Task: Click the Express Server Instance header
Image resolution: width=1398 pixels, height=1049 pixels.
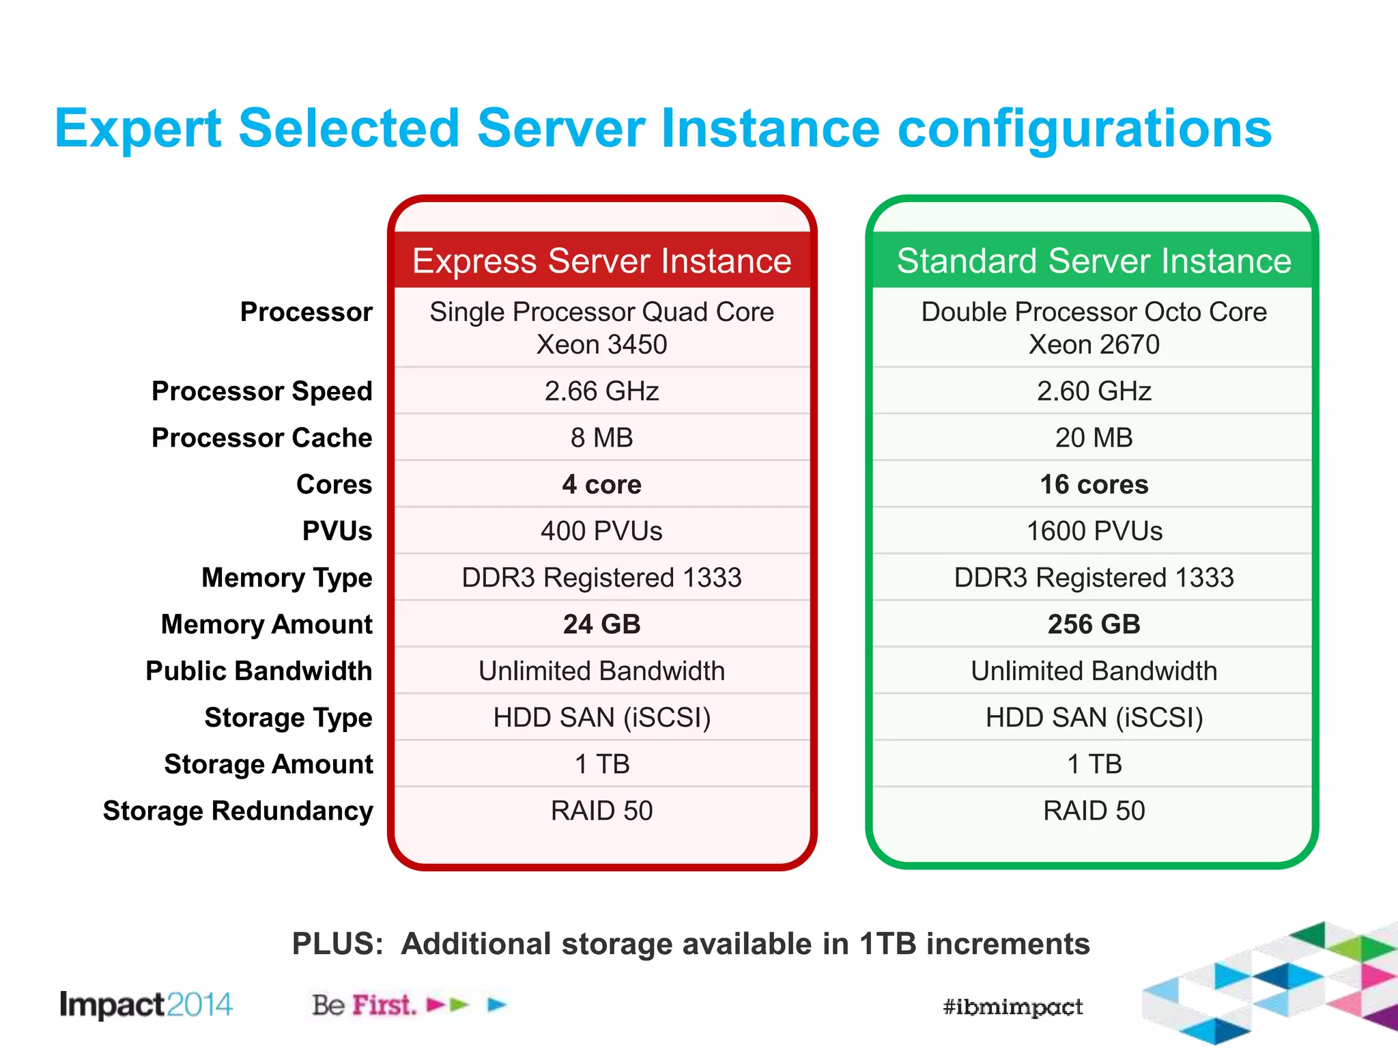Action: click(x=601, y=261)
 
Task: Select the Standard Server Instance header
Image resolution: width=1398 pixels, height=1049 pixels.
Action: click(x=1094, y=261)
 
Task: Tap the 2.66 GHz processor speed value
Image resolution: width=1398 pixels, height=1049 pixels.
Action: click(x=601, y=391)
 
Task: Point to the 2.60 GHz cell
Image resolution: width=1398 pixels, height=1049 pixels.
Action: click(x=1094, y=391)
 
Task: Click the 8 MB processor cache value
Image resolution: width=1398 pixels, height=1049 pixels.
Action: click(x=601, y=438)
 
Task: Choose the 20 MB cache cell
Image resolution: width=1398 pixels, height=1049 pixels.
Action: click(x=1094, y=438)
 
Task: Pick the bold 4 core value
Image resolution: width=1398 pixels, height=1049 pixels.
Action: click(x=601, y=485)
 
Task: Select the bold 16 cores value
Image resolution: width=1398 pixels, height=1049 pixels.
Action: click(x=1094, y=485)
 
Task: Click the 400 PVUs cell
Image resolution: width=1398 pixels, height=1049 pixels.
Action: click(x=601, y=531)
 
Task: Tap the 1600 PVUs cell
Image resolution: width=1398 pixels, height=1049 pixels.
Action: click(x=1094, y=531)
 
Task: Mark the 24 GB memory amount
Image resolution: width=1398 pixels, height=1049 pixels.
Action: click(x=601, y=624)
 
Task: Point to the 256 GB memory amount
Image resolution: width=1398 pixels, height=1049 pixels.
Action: click(x=1094, y=624)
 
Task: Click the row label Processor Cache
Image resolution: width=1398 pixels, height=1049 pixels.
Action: click(x=262, y=438)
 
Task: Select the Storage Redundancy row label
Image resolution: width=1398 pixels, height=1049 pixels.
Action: click(x=238, y=811)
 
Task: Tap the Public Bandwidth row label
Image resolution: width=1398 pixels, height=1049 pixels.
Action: click(x=259, y=671)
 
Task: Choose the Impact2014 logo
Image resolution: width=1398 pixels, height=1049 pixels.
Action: click(x=146, y=1005)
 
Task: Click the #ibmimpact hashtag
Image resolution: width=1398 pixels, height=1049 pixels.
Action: click(x=1013, y=1007)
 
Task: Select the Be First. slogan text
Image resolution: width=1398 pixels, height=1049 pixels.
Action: click(x=364, y=1005)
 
